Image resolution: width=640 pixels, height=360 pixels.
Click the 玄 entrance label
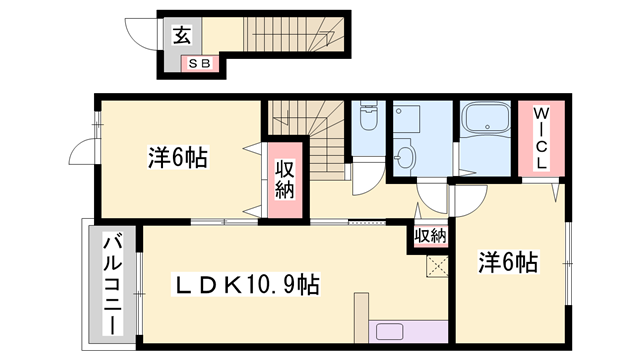point(183,35)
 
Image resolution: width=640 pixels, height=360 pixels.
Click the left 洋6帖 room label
point(178,157)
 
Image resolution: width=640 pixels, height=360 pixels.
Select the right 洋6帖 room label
point(508,263)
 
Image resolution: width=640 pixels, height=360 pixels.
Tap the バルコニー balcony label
point(111,284)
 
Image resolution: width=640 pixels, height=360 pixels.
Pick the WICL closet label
point(540,137)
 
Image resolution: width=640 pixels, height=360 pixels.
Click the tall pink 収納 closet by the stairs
point(283,182)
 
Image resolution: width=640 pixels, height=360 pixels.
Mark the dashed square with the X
point(436,265)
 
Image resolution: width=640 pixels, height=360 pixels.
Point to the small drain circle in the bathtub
point(486,127)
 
